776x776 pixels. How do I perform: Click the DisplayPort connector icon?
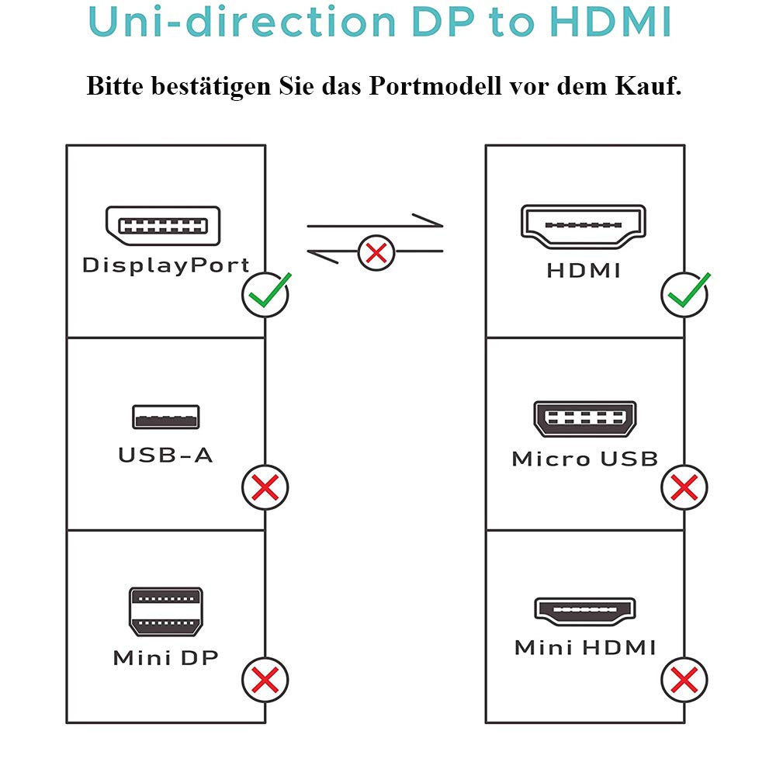tap(163, 226)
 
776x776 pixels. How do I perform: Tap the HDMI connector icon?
tap(584, 227)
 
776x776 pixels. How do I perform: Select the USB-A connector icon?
tap(166, 417)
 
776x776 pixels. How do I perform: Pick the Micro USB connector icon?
tap(585, 419)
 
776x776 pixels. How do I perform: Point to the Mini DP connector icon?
tap(166, 611)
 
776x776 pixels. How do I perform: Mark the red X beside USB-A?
tap(265, 487)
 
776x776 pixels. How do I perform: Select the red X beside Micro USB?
tap(684, 487)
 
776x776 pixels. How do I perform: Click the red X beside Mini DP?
tap(265, 680)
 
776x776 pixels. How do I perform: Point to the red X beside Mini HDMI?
tap(684, 680)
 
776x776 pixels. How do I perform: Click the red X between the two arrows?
tap(376, 253)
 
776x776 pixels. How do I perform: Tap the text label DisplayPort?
tap(166, 265)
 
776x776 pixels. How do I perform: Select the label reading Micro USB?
tap(585, 459)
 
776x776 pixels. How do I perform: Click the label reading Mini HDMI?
tap(585, 647)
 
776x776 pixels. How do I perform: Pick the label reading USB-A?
tap(166, 455)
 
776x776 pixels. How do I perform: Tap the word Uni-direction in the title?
tap(242, 22)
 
